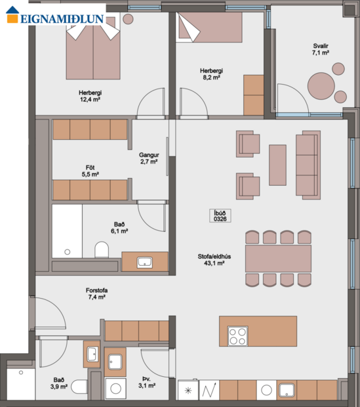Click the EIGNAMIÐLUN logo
pos(54,18)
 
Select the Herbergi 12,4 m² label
pos(90,96)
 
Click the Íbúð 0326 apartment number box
pos(219,217)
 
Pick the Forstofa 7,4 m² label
pos(96,293)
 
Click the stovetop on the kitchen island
pos(237,335)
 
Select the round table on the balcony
pos(323,86)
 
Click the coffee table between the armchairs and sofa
pos(278,164)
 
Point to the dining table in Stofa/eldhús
pos(278,258)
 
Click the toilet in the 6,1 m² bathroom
pos(102,250)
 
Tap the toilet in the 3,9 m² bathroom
pos(79,387)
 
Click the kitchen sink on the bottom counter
pos(288,390)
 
